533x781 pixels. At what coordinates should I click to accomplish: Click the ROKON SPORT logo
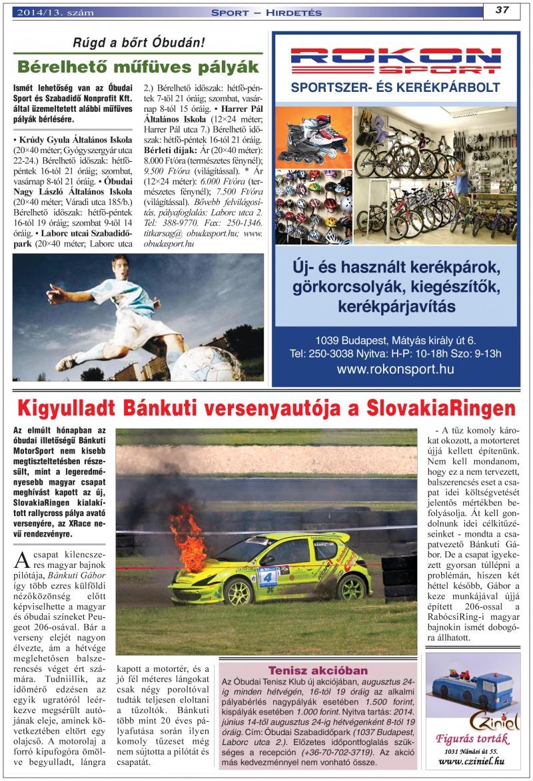(x=395, y=60)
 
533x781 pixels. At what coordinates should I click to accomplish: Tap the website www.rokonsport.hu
(x=395, y=368)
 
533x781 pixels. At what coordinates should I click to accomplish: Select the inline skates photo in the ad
(x=313, y=136)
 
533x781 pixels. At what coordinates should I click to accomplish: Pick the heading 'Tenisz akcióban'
(x=318, y=670)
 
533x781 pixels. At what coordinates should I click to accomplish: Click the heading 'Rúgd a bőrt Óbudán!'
(x=139, y=43)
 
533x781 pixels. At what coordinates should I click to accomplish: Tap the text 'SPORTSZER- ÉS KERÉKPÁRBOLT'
(x=395, y=87)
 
